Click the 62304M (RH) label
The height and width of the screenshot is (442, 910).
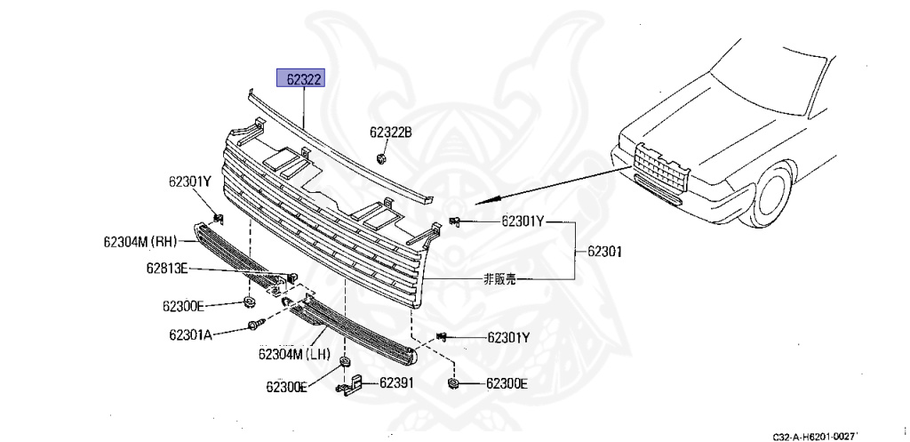point(142,241)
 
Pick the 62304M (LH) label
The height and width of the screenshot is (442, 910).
point(294,354)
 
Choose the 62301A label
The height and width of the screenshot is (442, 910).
point(188,335)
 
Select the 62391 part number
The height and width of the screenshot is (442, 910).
point(396,383)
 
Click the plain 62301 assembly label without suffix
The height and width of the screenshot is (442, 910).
point(604,252)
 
